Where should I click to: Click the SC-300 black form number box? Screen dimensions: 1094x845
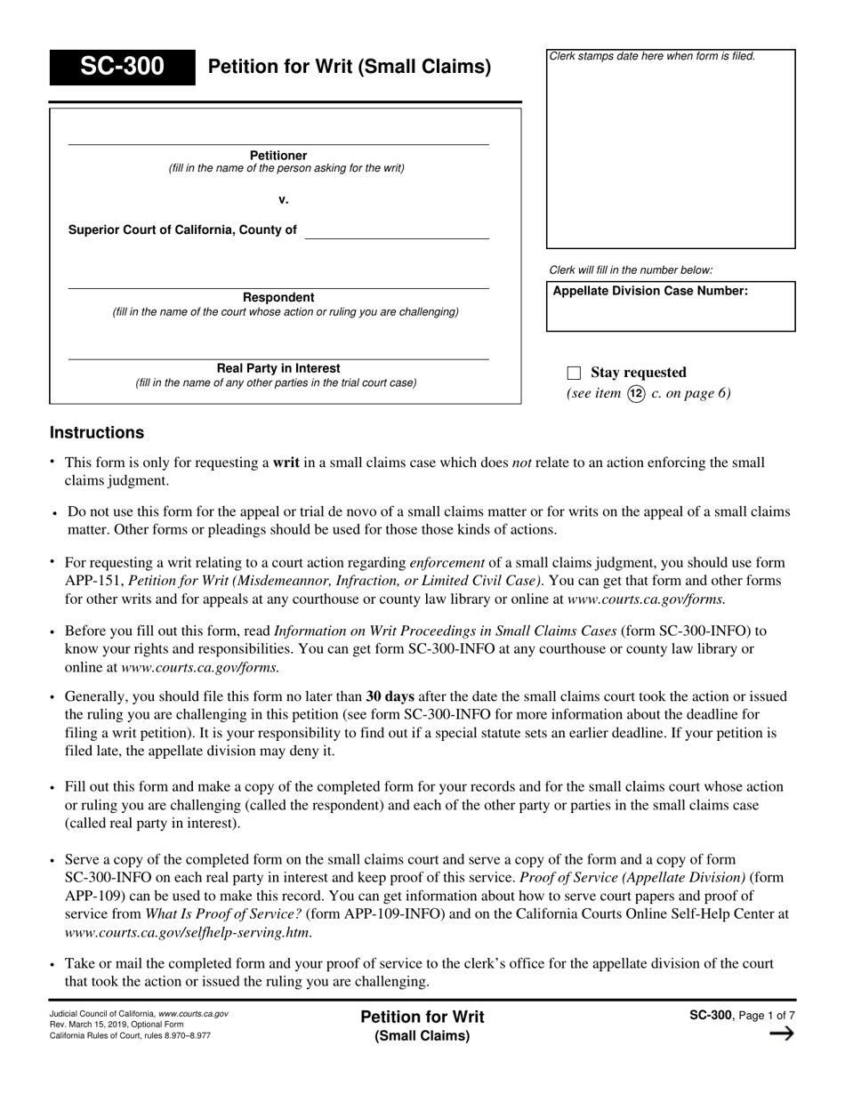[122, 67]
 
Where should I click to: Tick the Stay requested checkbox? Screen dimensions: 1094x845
[574, 373]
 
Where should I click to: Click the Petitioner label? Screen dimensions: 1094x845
[278, 155]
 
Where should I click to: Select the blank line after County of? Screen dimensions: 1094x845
[397, 230]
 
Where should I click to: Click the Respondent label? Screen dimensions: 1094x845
[278, 297]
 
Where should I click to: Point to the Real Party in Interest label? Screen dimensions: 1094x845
[278, 368]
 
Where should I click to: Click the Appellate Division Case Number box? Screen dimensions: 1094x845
[671, 307]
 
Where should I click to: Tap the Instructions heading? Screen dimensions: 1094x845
[97, 433]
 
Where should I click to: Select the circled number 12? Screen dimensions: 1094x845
[636, 393]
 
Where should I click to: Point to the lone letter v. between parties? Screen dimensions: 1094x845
[283, 199]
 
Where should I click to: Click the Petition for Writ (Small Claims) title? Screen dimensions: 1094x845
[349, 67]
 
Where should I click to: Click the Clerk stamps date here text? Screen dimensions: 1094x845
[652, 56]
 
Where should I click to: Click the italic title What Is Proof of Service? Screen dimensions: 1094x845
[223, 913]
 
